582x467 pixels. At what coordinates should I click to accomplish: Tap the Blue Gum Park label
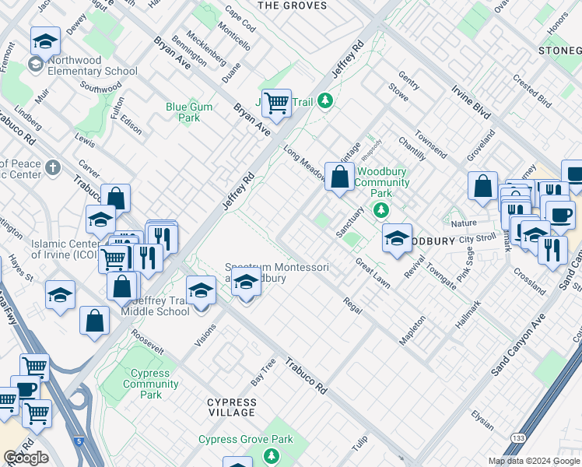[x=183, y=113]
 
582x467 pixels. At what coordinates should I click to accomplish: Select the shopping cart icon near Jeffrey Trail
[x=275, y=102]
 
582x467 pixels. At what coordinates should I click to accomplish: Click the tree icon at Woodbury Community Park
[x=381, y=209]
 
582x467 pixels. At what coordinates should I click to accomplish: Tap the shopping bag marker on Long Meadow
[x=339, y=177]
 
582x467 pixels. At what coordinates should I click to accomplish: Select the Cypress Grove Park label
[x=246, y=440]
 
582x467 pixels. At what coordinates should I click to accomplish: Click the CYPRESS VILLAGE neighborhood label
[x=231, y=407]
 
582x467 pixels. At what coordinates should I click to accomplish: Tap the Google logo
[x=26, y=458]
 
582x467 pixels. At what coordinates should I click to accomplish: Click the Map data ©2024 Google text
[x=533, y=461]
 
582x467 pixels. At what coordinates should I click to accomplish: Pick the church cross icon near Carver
[x=53, y=167]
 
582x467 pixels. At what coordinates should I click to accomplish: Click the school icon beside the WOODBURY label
[x=397, y=238]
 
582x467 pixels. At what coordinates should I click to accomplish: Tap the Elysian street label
[x=482, y=420]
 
